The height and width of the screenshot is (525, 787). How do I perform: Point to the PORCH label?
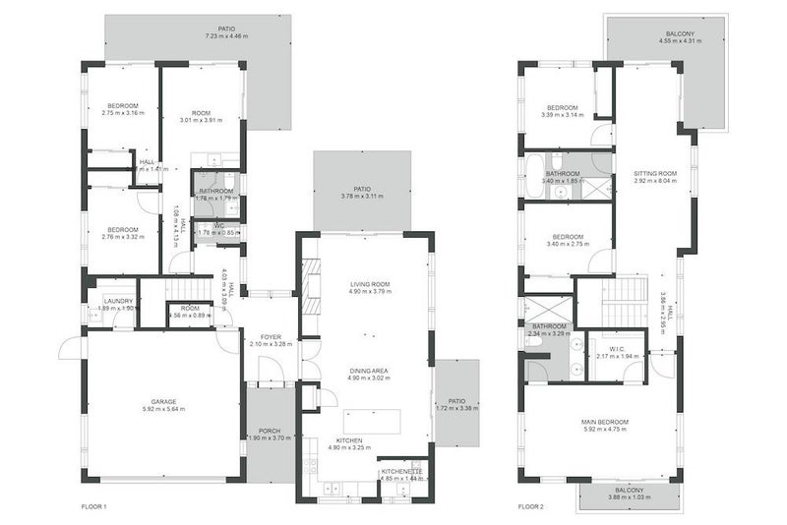269,431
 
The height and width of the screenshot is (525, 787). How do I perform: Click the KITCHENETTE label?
401,472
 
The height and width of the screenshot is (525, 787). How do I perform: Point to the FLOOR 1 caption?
93,507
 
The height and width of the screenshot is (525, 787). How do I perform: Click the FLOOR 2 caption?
531,507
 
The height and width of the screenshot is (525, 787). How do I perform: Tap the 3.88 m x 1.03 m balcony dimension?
629,497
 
